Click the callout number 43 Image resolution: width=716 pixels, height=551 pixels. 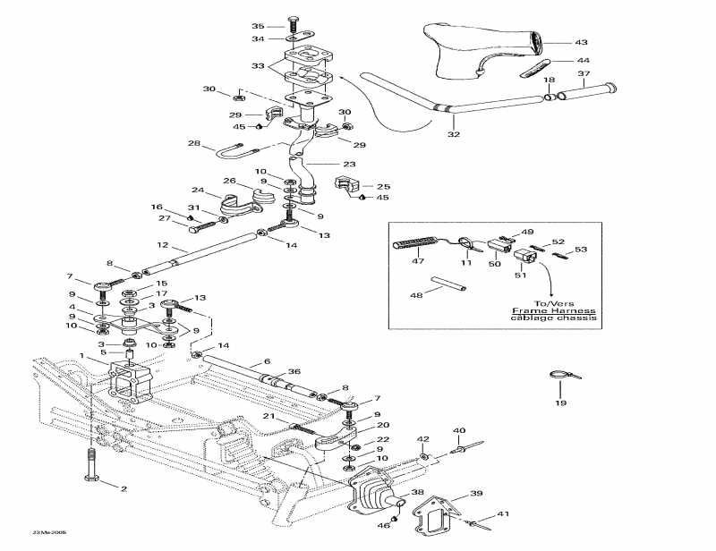581,43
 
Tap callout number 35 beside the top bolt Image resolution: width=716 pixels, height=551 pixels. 259,26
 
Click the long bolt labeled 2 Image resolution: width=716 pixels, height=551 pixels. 92,465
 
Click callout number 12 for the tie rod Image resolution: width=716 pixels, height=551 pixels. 163,244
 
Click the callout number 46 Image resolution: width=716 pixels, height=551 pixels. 384,526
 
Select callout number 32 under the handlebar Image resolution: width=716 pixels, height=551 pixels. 454,134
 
